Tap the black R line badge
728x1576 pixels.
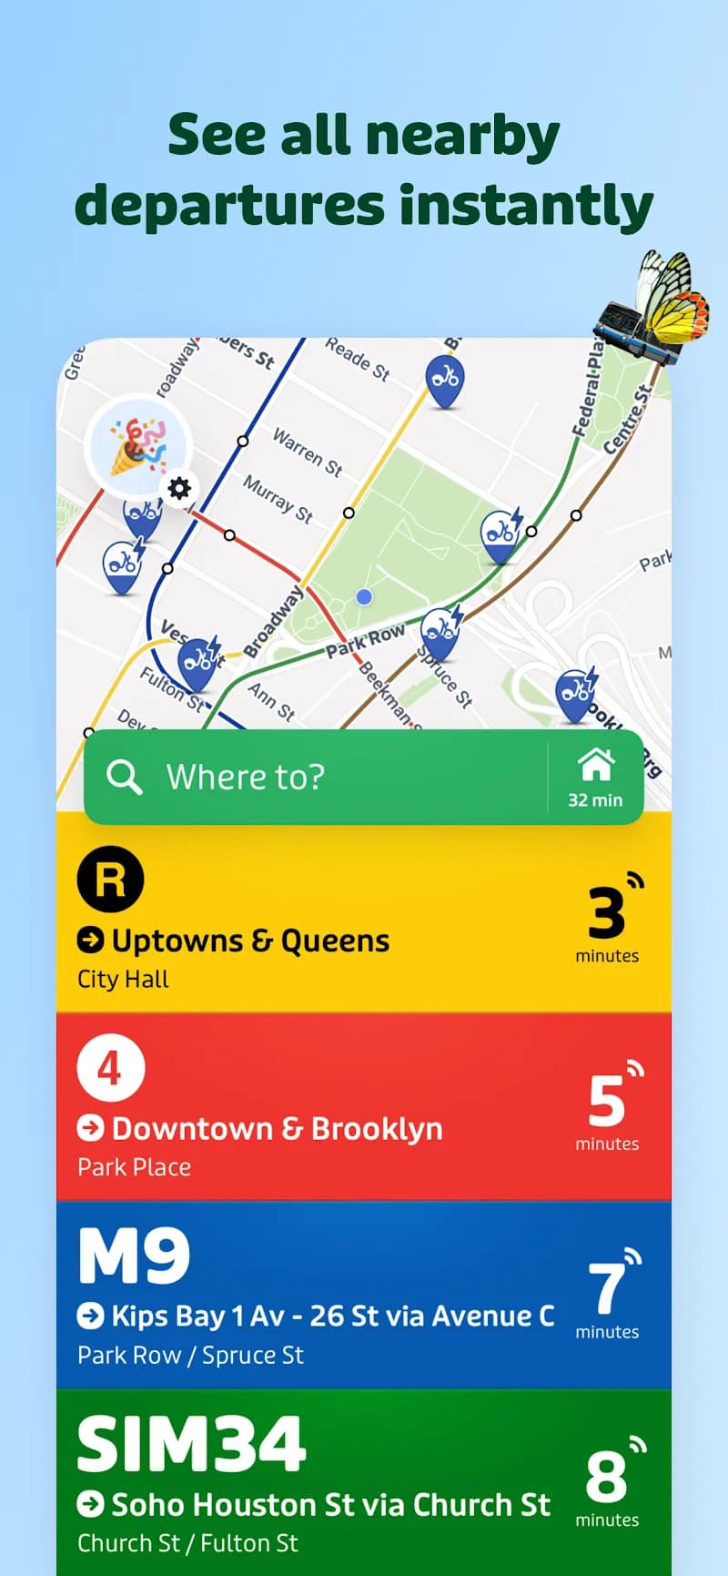[x=110, y=880]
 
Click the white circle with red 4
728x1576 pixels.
[x=110, y=1068]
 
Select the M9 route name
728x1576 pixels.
[x=134, y=1256]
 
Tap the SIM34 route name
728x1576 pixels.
[x=191, y=1444]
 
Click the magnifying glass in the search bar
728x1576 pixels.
[x=124, y=777]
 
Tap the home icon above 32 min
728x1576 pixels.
[x=596, y=765]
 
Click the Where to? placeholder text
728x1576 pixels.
[x=245, y=777]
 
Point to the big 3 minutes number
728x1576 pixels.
[x=606, y=913]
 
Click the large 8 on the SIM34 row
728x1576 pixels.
[x=606, y=1477]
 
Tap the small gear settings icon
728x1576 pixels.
[x=180, y=488]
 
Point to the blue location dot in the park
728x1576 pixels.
[x=364, y=596]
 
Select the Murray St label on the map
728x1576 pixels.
[x=278, y=499]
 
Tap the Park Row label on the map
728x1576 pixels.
[x=365, y=640]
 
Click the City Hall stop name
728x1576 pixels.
[x=123, y=979]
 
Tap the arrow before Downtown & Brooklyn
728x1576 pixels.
[x=90, y=1128]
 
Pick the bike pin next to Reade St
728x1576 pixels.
[x=445, y=377]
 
